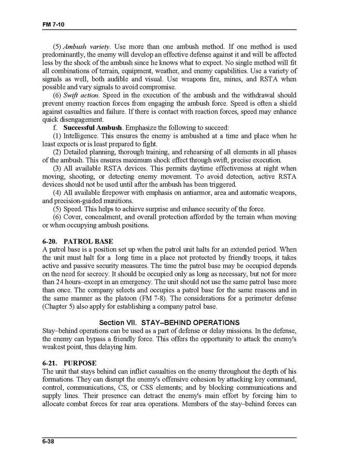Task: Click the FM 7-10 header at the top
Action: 53,25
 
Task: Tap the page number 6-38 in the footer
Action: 50,442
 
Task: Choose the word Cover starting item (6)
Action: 74,217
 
